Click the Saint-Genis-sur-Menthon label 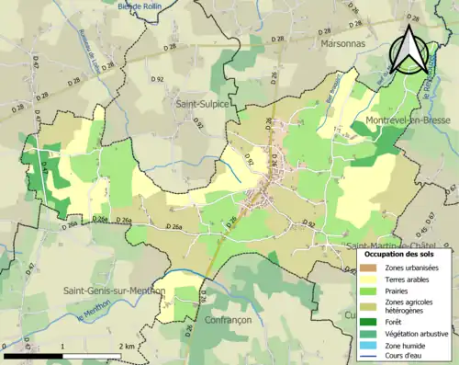coord(114,291)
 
